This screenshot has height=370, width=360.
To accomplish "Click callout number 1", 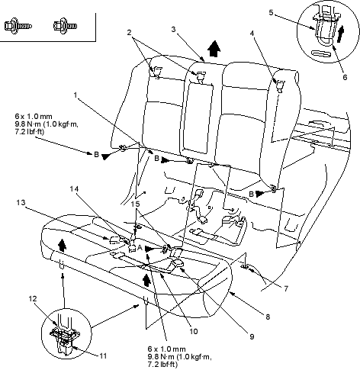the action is click(x=76, y=95).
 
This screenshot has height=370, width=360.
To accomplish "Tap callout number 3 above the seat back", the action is click(x=173, y=30).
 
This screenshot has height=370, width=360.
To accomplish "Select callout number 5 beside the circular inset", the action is click(x=271, y=12).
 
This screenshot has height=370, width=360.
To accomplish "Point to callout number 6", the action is click(x=345, y=77).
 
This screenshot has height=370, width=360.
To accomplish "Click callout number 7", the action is click(x=286, y=288).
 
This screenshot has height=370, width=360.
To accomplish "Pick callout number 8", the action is click(x=268, y=317).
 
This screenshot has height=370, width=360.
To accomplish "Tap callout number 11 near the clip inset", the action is click(x=103, y=356).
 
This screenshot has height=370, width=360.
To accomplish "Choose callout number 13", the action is click(x=21, y=202).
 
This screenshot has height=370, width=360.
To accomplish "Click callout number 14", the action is click(x=74, y=189).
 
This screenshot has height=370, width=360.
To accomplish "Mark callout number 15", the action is click(x=135, y=204).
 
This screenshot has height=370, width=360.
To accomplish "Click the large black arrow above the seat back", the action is click(x=214, y=49).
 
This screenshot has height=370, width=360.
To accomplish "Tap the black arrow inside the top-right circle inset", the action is click(x=340, y=34).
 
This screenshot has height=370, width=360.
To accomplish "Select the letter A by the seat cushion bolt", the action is click(x=140, y=247).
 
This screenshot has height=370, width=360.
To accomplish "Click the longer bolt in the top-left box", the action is click(x=18, y=26).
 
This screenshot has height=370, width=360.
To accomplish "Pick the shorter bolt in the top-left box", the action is click(x=65, y=26).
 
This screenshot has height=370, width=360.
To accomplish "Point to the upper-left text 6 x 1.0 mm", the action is click(x=34, y=117).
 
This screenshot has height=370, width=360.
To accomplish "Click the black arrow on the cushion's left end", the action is click(x=62, y=245).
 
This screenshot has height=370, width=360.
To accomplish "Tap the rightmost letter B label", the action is click(x=251, y=194).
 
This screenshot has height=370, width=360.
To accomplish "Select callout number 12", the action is click(x=33, y=298).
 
